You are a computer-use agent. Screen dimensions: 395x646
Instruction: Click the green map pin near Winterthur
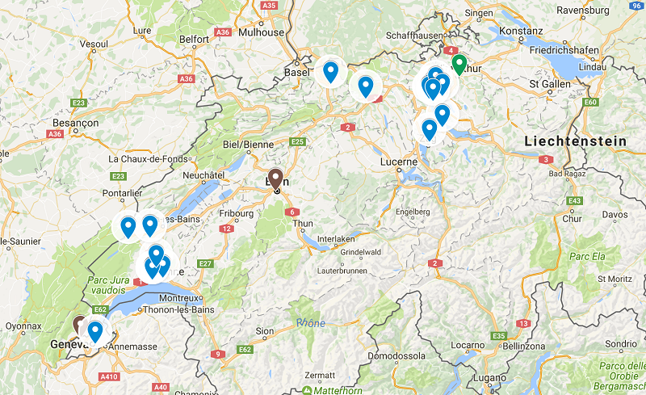tap(459, 63)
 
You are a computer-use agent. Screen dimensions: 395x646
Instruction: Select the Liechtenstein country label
tap(575, 141)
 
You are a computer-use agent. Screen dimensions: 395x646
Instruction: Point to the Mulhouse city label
tap(265, 32)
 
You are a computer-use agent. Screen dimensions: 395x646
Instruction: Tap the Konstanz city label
tap(521, 30)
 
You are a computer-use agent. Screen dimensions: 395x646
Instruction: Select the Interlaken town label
tap(337, 240)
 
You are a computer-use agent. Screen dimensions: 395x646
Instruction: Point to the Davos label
tap(615, 214)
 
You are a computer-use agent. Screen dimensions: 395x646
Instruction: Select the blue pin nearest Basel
tap(329, 71)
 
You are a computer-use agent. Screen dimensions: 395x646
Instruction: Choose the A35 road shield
tap(270, 5)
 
